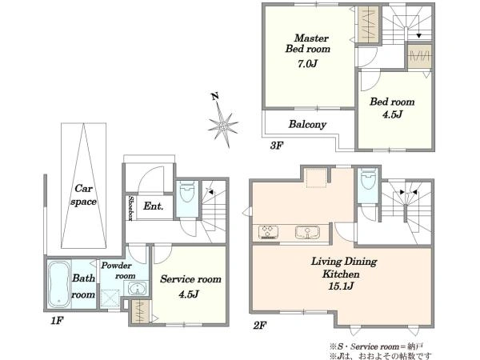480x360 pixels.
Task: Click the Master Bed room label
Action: (308, 43)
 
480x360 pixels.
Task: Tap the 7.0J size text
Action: (307, 64)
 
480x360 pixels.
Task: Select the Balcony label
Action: (307, 124)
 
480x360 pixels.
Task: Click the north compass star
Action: (223, 125)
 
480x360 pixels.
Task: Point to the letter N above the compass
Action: (215, 97)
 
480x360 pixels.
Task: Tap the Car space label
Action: (83, 194)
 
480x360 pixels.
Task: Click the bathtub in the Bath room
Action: (58, 284)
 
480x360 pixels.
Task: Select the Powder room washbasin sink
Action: (137, 288)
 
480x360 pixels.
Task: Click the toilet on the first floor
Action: (186, 191)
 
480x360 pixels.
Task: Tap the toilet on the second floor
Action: (368, 178)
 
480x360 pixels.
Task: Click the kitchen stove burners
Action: (268, 232)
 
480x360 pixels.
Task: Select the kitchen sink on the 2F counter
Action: (307, 232)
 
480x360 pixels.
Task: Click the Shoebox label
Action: (130, 208)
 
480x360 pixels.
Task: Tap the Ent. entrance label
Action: (154, 206)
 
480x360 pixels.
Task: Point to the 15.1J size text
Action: (341, 286)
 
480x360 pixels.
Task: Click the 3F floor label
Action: (276, 145)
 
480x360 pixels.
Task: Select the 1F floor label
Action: (57, 321)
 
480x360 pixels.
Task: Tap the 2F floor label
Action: (259, 325)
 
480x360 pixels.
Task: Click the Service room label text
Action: (190, 279)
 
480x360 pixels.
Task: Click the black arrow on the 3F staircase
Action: (418, 35)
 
